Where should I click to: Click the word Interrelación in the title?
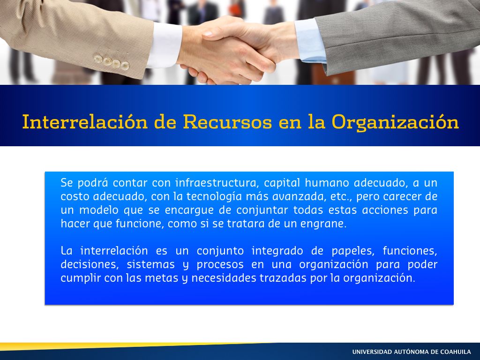coord(85,121)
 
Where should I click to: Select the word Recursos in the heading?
coord(227,121)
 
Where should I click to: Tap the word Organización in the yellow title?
coord(395,122)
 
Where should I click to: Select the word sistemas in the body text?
coord(150,264)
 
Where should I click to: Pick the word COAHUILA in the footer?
coord(455,352)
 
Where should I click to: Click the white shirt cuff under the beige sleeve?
coord(165,45)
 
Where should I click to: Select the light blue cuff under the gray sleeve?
coord(310,40)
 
